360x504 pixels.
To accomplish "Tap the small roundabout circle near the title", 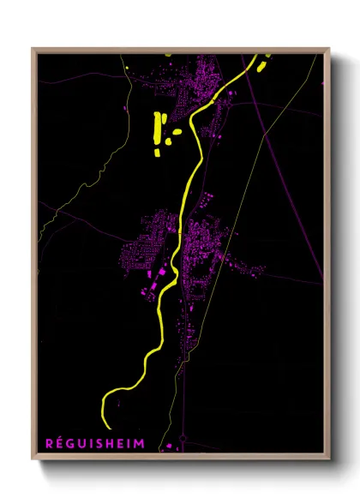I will [183, 437].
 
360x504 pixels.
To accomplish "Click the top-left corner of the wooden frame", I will [33, 50].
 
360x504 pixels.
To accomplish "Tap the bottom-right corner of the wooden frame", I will [328, 456].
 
